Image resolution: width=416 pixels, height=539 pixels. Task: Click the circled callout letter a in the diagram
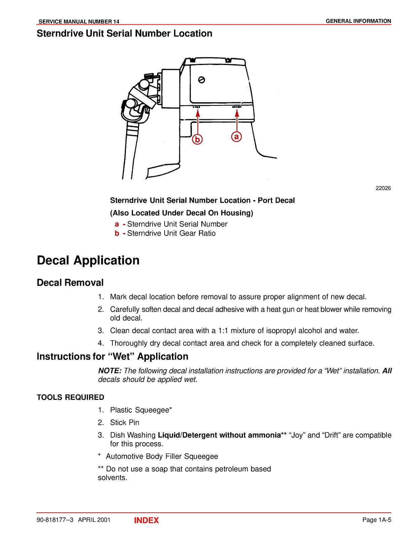point(237,136)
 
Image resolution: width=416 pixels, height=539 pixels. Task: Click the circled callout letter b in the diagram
point(198,139)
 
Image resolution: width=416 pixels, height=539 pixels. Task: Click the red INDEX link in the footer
point(146,520)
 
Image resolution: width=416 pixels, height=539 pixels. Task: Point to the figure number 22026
point(383,188)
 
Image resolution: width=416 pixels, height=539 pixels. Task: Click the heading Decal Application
point(88,260)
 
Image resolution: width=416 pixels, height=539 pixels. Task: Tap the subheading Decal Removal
point(70,283)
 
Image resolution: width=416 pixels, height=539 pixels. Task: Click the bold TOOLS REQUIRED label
point(70,398)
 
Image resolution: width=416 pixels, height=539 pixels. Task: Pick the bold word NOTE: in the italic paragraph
point(110,371)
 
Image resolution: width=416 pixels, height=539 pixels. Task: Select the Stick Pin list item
point(125,422)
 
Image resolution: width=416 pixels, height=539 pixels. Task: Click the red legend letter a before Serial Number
point(117,224)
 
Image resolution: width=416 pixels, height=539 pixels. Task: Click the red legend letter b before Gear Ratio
point(117,233)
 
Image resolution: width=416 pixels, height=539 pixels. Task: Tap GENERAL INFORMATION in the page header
point(358,21)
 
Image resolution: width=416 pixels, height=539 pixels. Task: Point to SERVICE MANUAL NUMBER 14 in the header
point(79,22)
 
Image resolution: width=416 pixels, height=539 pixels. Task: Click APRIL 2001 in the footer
point(94,520)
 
